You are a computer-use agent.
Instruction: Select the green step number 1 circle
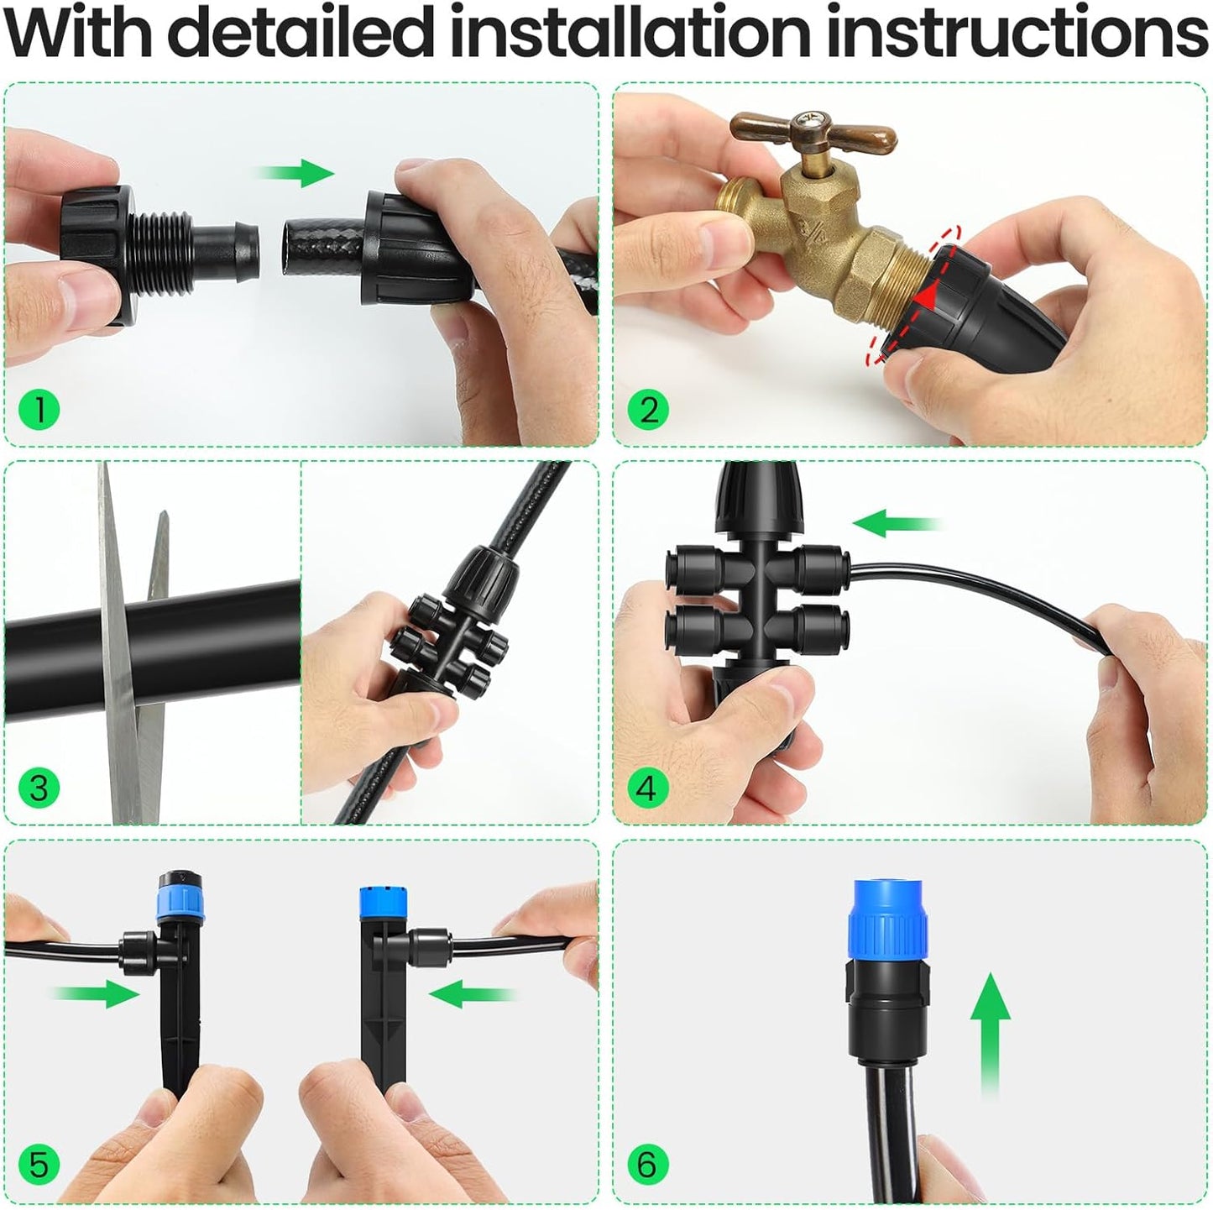point(39,411)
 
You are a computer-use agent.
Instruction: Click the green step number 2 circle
point(648,411)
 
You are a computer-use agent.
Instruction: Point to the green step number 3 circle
point(39,788)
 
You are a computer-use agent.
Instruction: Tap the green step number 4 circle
point(648,788)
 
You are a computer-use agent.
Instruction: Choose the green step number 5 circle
point(39,1165)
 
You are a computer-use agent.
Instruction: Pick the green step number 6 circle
point(648,1165)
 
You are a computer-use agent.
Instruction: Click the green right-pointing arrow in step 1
point(295,175)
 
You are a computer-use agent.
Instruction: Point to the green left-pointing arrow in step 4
point(894,524)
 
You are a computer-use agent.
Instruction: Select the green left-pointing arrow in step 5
point(470,995)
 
